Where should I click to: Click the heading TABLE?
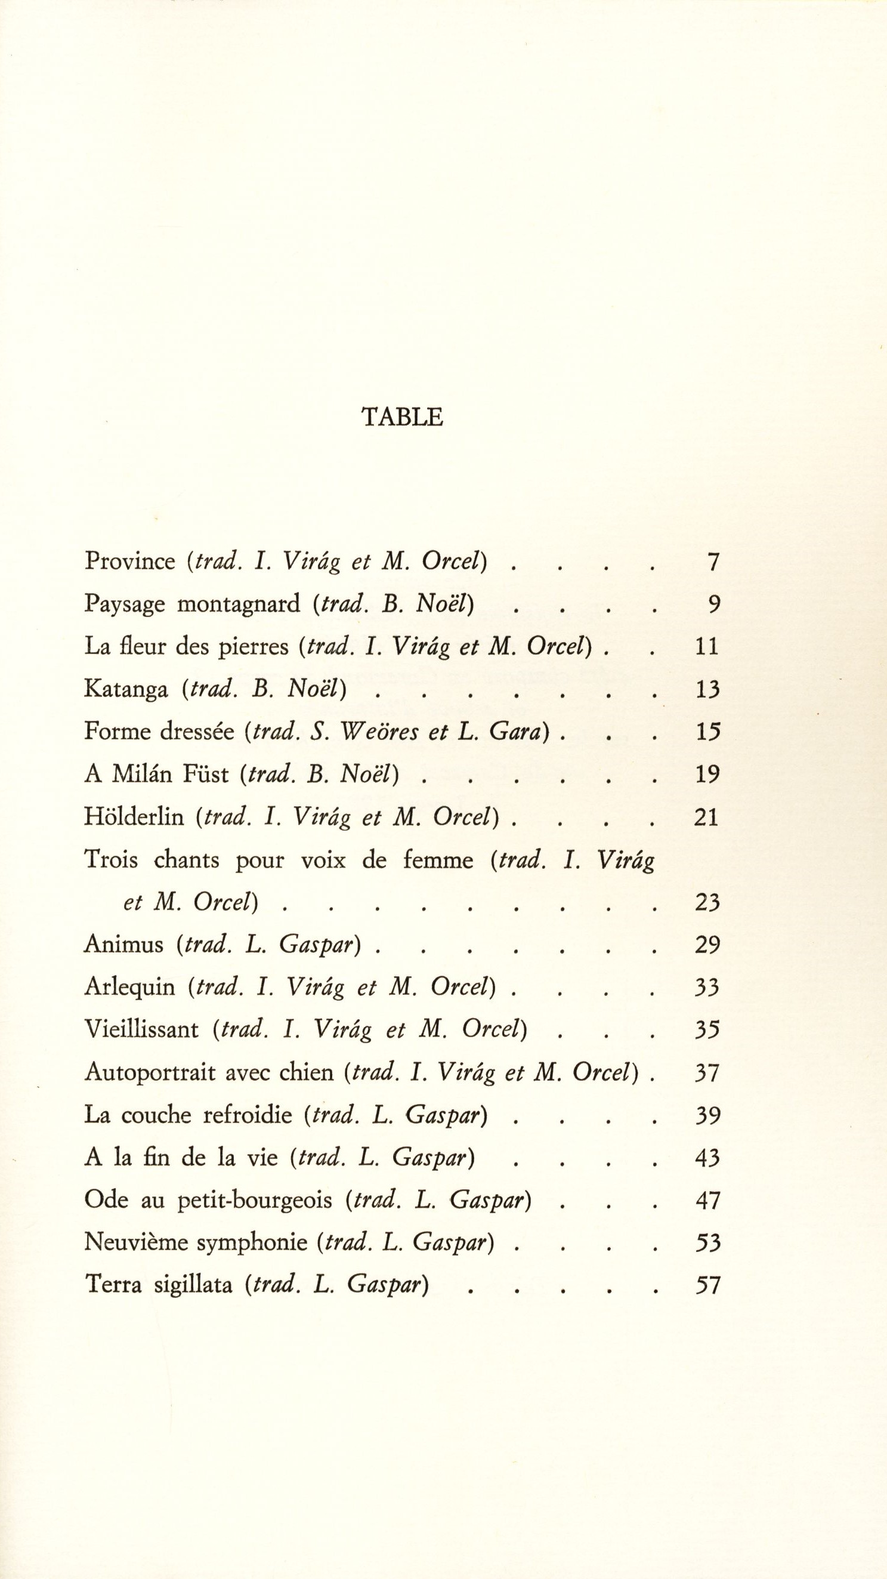(x=402, y=418)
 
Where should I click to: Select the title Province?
(x=130, y=562)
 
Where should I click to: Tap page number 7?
(x=712, y=562)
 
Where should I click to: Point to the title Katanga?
(x=126, y=690)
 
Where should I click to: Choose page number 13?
(x=707, y=690)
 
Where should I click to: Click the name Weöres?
(x=379, y=732)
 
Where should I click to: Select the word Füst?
(x=205, y=775)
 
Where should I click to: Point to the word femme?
(x=438, y=861)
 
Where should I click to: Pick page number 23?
(x=707, y=903)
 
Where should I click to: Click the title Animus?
(x=123, y=945)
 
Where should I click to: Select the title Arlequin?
(x=130, y=988)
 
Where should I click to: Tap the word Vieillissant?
(x=141, y=1030)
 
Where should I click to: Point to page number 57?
(x=707, y=1285)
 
